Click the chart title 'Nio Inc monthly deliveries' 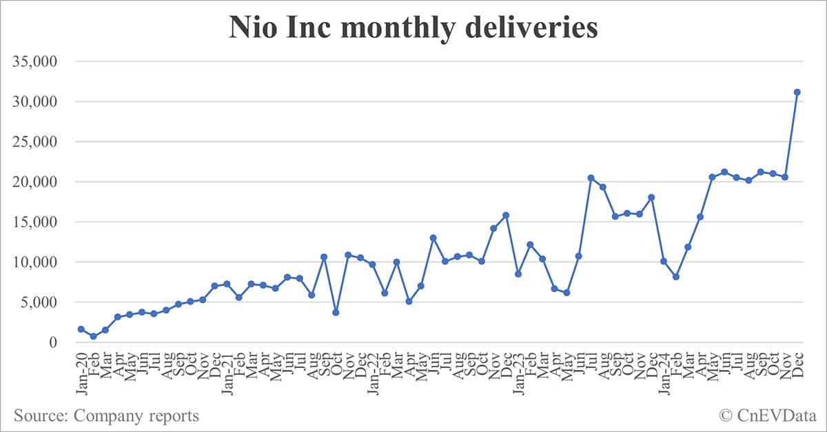(413, 29)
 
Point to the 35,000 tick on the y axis (41, 62)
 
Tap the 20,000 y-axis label (41, 182)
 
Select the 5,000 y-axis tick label (45, 302)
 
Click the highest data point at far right (797, 92)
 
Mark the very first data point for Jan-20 (81, 329)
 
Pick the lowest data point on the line (93, 336)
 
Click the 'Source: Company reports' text (106, 416)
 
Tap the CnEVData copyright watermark (766, 416)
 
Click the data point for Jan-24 (664, 261)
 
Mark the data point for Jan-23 (518, 274)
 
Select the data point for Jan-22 (373, 265)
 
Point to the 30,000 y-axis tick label (41, 102)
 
